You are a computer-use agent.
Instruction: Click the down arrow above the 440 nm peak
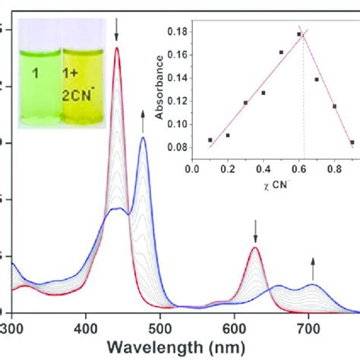tap(116, 30)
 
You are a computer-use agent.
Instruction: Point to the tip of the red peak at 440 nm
tap(116, 48)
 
